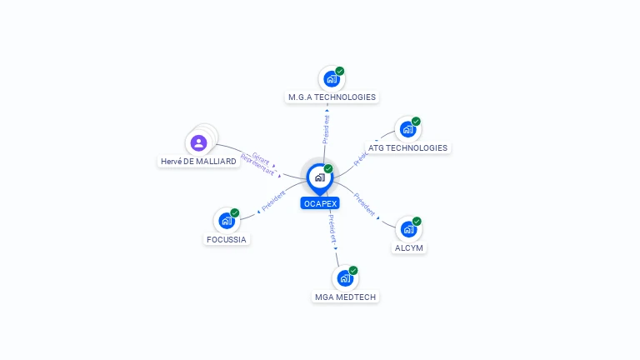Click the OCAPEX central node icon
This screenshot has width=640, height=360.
pos(319,177)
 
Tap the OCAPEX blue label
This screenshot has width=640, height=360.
pos(320,203)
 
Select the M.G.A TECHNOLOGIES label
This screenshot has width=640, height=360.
pos(332,97)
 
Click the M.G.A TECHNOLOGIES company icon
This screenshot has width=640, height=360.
pos(332,79)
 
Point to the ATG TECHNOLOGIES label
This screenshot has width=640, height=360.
pos(407,148)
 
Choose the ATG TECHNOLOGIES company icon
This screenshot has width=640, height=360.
pos(407,129)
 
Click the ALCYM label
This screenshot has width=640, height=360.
pos(409,247)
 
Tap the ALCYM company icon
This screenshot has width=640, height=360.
pos(408,229)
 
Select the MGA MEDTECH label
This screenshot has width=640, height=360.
pos(346,297)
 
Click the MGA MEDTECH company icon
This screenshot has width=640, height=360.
pos(345,278)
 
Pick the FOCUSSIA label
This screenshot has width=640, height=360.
pos(227,239)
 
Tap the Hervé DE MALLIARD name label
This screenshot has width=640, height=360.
pos(197,162)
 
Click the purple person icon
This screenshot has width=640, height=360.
pos(198,142)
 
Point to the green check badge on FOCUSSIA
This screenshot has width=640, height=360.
pos(235,213)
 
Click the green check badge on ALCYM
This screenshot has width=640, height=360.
pos(417,222)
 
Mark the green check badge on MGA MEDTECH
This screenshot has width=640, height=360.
pos(353,271)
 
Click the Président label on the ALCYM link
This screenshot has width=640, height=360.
pos(364,204)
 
